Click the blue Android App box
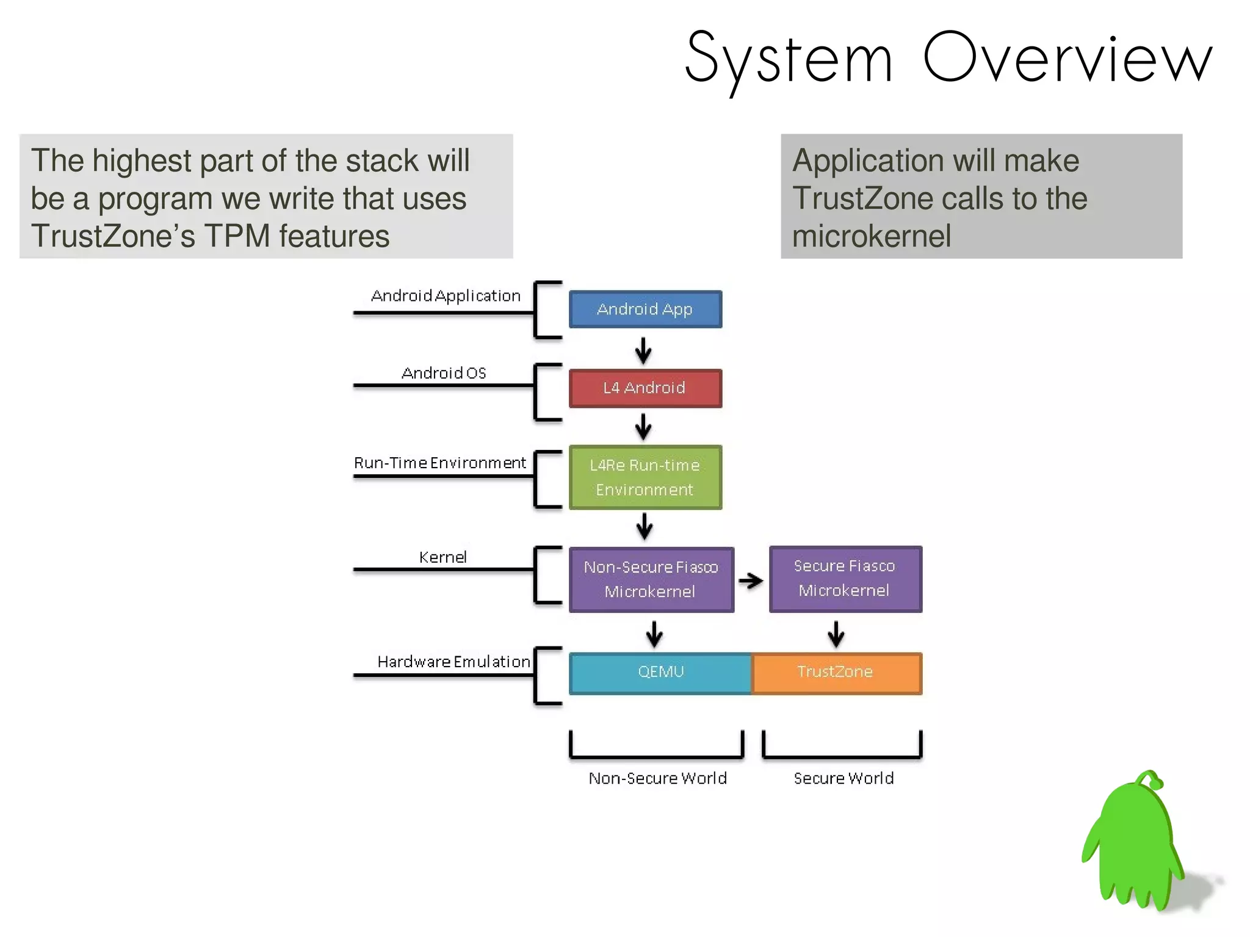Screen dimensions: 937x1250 coord(645,309)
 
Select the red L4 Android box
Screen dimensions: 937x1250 coord(645,388)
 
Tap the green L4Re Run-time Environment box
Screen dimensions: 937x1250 coord(645,477)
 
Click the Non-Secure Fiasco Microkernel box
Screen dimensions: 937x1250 coord(651,579)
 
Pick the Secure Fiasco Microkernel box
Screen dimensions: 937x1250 coord(845,579)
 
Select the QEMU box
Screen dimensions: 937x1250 coord(660,673)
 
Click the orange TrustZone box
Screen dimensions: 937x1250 coord(836,673)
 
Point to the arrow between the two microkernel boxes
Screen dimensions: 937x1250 coord(751,581)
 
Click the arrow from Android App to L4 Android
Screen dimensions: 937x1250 coord(643,350)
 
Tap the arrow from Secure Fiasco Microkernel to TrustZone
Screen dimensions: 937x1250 coord(836,634)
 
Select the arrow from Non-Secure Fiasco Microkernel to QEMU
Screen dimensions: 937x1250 coord(654,634)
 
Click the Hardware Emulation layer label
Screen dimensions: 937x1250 coord(453,662)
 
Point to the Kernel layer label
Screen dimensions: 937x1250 coord(443,557)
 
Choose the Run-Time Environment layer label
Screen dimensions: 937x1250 coord(439,463)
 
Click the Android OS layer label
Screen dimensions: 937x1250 coord(444,373)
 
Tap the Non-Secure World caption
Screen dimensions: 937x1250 coord(657,778)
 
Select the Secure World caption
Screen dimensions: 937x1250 coord(844,778)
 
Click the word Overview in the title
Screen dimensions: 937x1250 coord(1067,58)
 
